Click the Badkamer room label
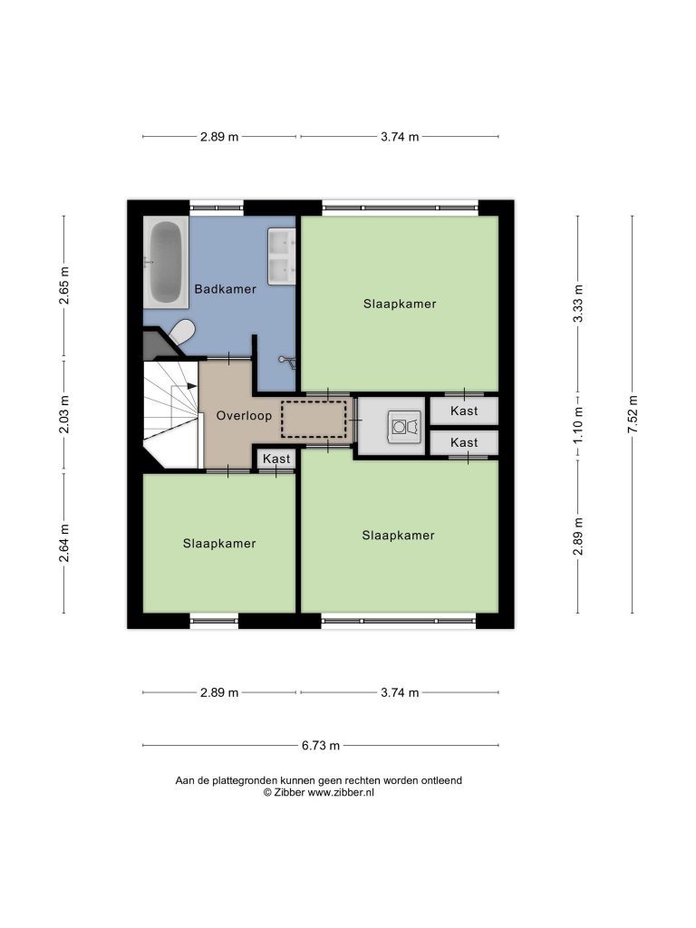click(226, 289)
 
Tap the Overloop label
click(244, 415)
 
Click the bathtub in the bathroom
click(165, 262)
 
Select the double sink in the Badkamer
click(282, 256)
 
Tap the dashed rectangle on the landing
click(314, 419)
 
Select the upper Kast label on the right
click(464, 411)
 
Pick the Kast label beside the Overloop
click(276, 459)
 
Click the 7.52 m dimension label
click(633, 414)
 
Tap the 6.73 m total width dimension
click(321, 746)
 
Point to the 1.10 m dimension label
click(578, 425)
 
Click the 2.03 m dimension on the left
click(64, 414)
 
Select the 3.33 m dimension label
click(578, 304)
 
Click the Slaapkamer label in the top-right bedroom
click(400, 304)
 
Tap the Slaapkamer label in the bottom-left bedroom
click(219, 544)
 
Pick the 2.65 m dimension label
click(64, 285)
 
